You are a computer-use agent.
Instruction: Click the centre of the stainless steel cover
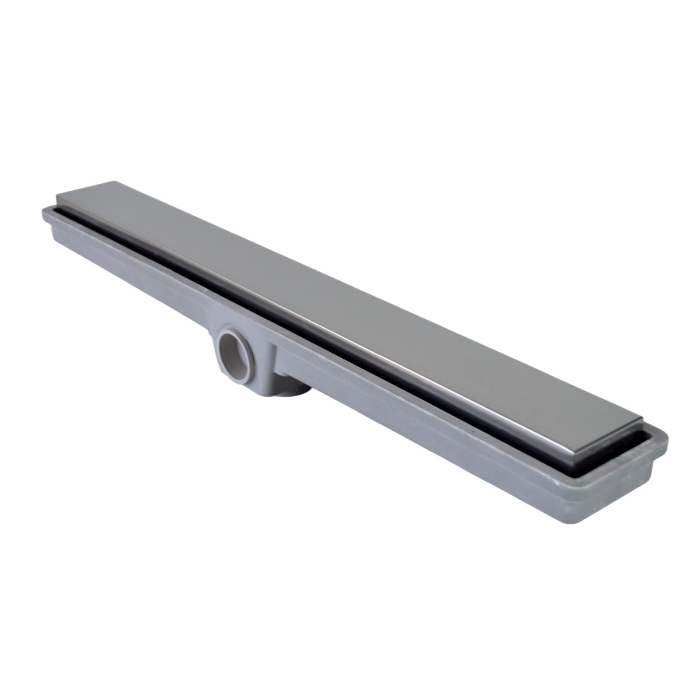click(350, 303)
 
